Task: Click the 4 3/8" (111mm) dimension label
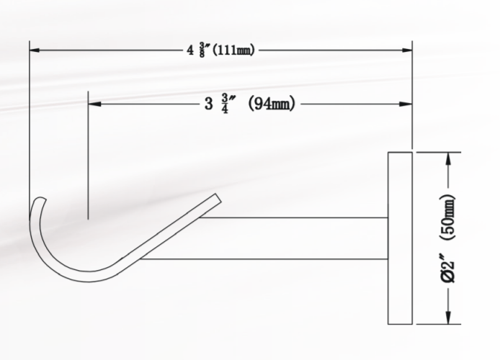[219, 50]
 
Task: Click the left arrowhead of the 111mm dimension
[33, 50]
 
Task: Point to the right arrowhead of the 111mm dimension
[408, 50]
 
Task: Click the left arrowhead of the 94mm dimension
[92, 104]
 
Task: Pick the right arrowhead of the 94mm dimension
[408, 104]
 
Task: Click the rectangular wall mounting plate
[400, 238]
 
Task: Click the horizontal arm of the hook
[288, 237]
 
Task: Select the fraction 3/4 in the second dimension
[226, 104]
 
